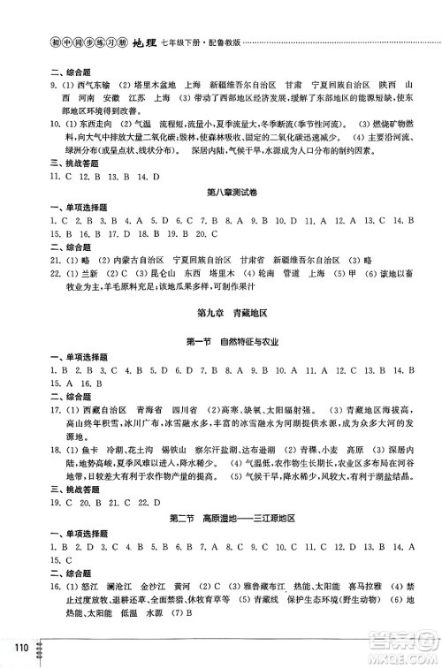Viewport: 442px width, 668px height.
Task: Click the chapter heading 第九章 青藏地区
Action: (x=221, y=338)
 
